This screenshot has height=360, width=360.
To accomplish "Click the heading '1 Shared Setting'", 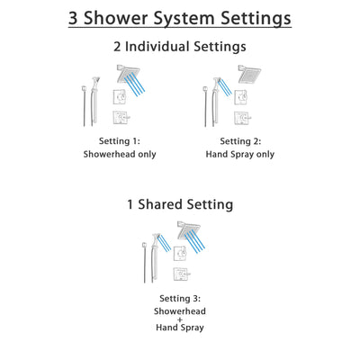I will coord(179,204).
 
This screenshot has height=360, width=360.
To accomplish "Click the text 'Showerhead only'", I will coord(121,154).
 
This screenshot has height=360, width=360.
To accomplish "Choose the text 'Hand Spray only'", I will coord(241,154).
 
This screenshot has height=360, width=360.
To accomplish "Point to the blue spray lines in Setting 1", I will coord(135,88).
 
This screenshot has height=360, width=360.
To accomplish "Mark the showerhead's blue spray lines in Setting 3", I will coord(200,245).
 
